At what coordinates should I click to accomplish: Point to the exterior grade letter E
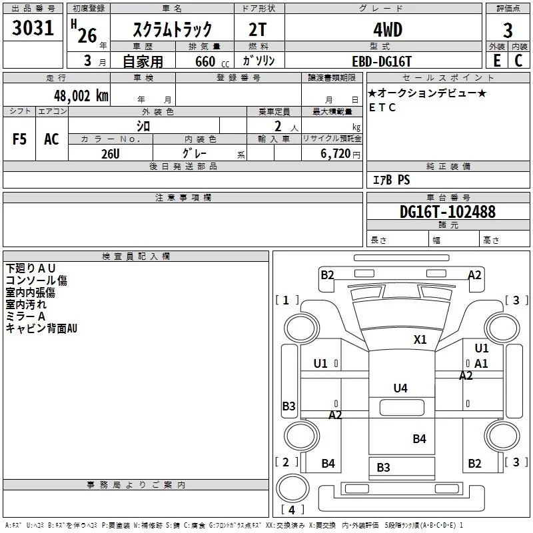[496, 60]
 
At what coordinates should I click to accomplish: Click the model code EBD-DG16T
[382, 61]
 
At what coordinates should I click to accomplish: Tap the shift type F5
[19, 139]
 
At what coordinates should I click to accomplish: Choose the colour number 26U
[111, 153]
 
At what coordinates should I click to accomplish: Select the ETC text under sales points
[382, 107]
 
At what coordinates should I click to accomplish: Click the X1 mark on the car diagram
[420, 339]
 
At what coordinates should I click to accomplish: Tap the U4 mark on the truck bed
[400, 388]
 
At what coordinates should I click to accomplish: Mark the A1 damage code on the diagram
[481, 364]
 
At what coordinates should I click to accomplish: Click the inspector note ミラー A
[25, 316]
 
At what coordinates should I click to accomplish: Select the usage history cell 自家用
[143, 61]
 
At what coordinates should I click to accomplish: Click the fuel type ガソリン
[259, 61]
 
